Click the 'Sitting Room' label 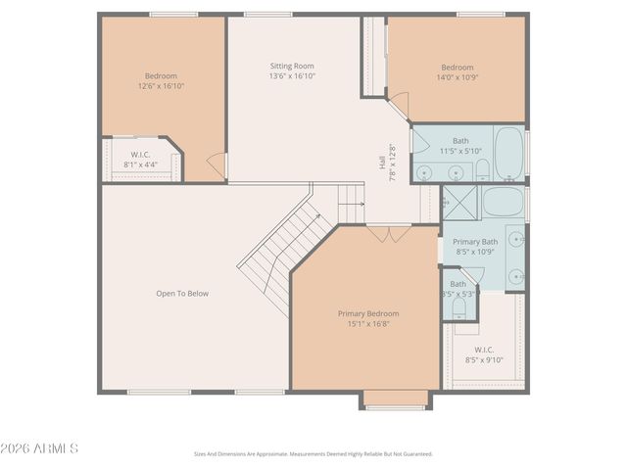(292, 67)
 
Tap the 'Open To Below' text (182, 293)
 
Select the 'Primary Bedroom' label (368, 313)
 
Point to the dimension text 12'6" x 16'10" (161, 86)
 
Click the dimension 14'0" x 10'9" (456, 77)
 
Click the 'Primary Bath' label (475, 242)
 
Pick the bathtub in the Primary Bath (504, 204)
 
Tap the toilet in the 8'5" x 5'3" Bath (459, 307)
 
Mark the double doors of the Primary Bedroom (388, 234)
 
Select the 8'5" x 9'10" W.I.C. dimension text (484, 359)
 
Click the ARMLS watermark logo (41, 448)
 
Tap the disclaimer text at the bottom (313, 454)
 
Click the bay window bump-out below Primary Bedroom (396, 399)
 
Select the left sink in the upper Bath (423, 172)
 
